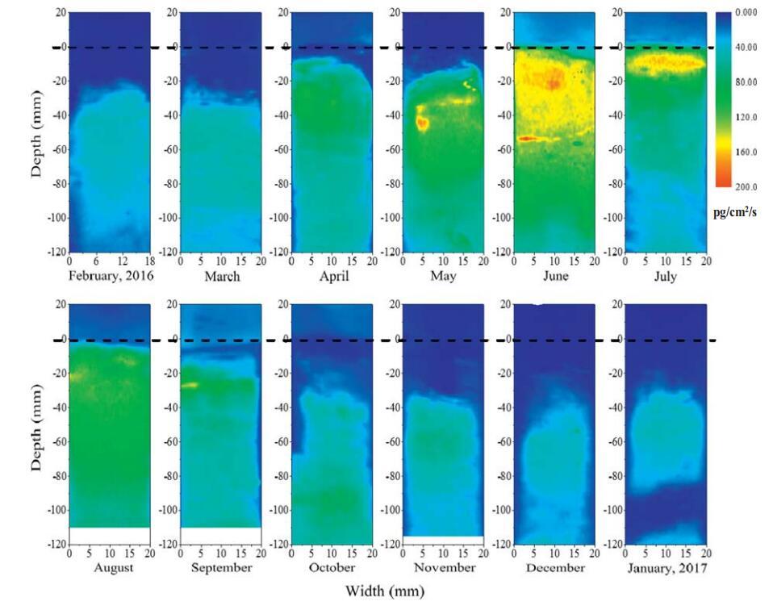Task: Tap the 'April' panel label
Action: click(x=332, y=276)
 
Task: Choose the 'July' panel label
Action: click(x=666, y=276)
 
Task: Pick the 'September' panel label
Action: click(x=221, y=568)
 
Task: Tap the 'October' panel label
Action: click(x=332, y=568)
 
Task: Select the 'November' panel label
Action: click(x=443, y=568)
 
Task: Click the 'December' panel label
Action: click(x=554, y=568)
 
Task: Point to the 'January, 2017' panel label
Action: click(x=666, y=568)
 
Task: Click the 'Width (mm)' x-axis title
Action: click(x=384, y=592)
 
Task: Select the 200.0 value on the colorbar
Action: click(x=745, y=186)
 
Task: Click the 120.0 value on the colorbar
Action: click(x=745, y=117)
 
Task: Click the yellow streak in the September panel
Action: click(x=189, y=386)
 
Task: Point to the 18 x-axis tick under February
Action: click(x=148, y=262)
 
